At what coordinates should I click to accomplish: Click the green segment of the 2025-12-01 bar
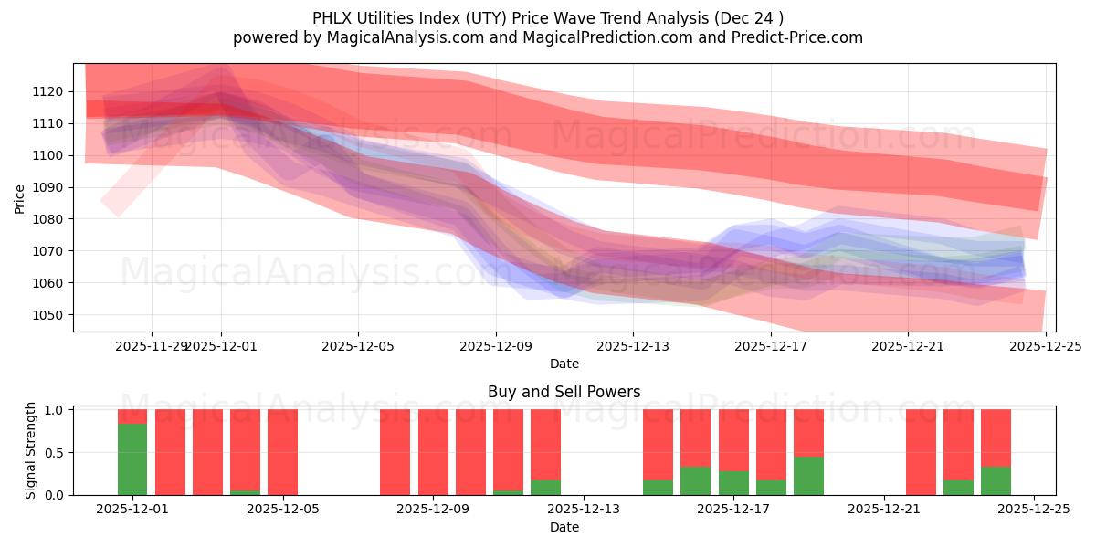[x=132, y=459]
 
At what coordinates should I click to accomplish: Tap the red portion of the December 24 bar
[x=996, y=437]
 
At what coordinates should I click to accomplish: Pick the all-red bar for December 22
[x=921, y=452]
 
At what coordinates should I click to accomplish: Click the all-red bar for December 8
[x=395, y=452]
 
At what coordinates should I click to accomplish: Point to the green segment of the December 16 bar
[x=695, y=481]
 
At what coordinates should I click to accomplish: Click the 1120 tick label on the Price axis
[x=47, y=91]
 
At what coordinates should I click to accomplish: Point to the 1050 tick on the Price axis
[x=47, y=315]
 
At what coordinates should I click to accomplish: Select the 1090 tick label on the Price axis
[x=47, y=187]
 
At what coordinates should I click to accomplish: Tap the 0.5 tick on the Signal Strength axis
[x=53, y=453]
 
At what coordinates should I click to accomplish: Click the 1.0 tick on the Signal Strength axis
[x=53, y=410]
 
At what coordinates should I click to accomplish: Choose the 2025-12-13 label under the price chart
[x=633, y=346]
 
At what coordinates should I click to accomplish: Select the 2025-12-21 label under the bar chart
[x=883, y=510]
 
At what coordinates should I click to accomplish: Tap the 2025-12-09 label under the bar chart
[x=433, y=510]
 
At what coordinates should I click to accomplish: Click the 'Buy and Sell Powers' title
[x=564, y=392]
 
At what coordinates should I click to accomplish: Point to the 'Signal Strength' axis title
[x=31, y=450]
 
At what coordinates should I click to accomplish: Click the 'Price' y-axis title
[x=20, y=197]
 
